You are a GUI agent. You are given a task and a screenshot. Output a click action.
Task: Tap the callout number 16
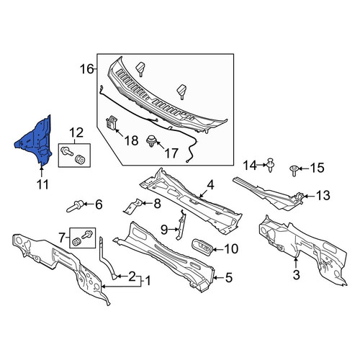pyautogui.click(x=86, y=69)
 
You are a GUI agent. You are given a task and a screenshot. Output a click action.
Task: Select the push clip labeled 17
pyautogui.click(x=151, y=141)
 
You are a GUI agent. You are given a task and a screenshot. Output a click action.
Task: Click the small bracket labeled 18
pyautogui.click(x=111, y=122)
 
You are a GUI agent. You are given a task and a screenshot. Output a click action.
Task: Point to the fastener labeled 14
pyautogui.click(x=271, y=165)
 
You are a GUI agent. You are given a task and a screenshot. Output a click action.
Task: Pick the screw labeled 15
pyautogui.click(x=294, y=170)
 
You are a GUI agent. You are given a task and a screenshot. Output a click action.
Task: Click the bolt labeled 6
pyautogui.click(x=75, y=206)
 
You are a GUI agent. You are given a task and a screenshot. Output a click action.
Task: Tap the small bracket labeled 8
pyautogui.click(x=132, y=205)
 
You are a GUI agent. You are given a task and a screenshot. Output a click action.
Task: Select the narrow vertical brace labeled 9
pyautogui.click(x=181, y=224)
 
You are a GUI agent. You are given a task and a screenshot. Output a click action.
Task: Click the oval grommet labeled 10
pyautogui.click(x=202, y=248)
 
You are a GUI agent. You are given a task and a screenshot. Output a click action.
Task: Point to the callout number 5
pyautogui.click(x=229, y=277)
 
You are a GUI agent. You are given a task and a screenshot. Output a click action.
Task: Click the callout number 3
pyautogui.click(x=297, y=275)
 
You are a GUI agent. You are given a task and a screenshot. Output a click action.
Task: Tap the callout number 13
pyautogui.click(x=323, y=195)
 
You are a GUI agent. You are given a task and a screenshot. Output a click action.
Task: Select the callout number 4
pyautogui.click(x=210, y=185)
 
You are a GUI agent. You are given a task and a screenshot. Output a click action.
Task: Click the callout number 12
pyautogui.click(x=76, y=132)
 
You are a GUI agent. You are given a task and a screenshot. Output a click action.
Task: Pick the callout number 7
pyautogui.click(x=62, y=238)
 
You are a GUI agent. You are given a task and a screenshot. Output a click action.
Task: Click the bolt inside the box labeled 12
pyautogui.click(x=66, y=151)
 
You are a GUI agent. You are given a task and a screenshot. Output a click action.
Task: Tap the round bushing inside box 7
pyautogui.click(x=77, y=242)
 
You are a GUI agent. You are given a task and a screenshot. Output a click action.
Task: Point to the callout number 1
pyautogui.click(x=148, y=281)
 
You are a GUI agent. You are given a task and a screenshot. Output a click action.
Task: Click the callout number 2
pyautogui.click(x=132, y=276)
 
